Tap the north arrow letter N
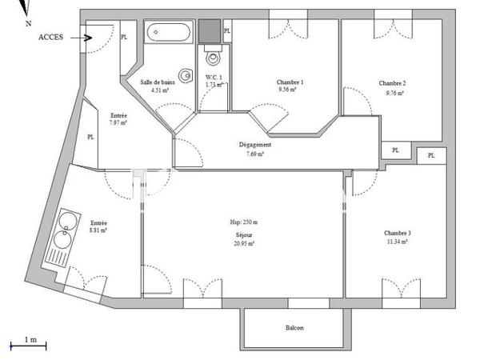[28, 24]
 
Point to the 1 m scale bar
[28, 345]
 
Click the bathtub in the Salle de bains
[169, 34]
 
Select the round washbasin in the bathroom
[185, 76]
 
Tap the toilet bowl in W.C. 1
[212, 56]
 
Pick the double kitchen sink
[64, 230]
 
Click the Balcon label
[294, 328]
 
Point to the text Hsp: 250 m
[245, 222]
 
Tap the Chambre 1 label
[290, 82]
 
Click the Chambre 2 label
[392, 83]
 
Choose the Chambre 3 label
[398, 233]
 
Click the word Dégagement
[255, 145]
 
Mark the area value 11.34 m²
[398, 242]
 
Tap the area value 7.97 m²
[119, 123]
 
